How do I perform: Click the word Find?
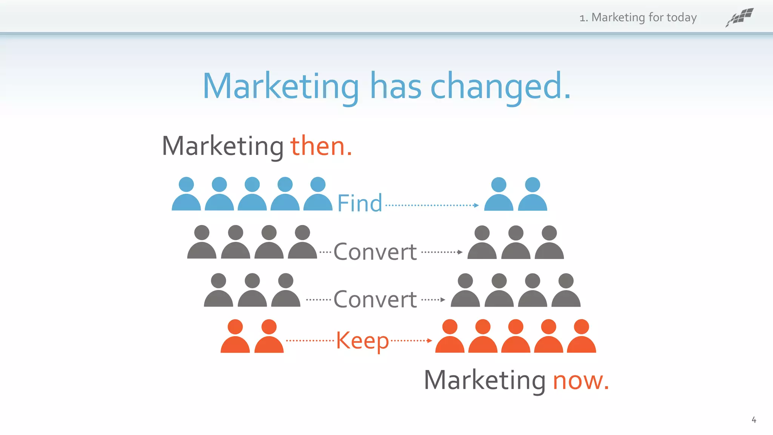pos(359,203)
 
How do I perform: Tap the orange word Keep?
pos(362,341)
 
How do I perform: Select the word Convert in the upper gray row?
pos(375,252)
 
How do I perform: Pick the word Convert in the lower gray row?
pos(375,299)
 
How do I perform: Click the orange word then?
pos(321,146)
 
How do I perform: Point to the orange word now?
pos(581,380)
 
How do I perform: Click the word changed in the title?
pos(500,86)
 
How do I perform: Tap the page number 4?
pos(754,420)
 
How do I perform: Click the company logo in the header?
pos(739,17)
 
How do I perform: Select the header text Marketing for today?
pos(644,17)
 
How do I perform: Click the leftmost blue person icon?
pos(186,194)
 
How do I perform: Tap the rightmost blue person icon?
pos(532,194)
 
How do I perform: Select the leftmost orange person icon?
pos(235,336)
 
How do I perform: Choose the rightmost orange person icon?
pos(581,336)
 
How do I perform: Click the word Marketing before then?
pos(223,146)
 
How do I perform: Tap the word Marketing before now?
pos(485,380)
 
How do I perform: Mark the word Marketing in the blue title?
pos(281,87)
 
